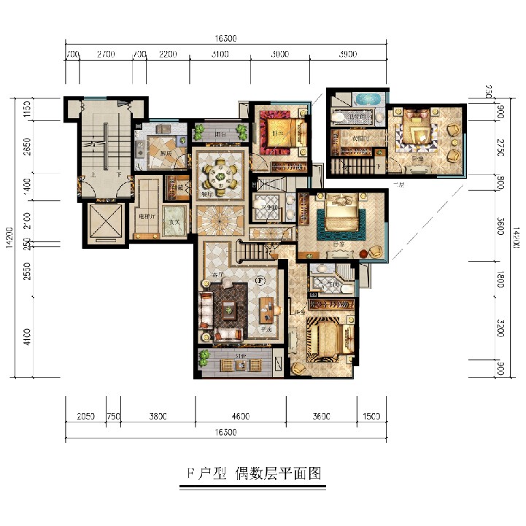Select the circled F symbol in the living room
259,279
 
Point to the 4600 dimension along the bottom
240,417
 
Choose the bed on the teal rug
340,216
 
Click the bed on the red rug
279,130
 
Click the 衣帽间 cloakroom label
357,137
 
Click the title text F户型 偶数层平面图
250,473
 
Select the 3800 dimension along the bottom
158,417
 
